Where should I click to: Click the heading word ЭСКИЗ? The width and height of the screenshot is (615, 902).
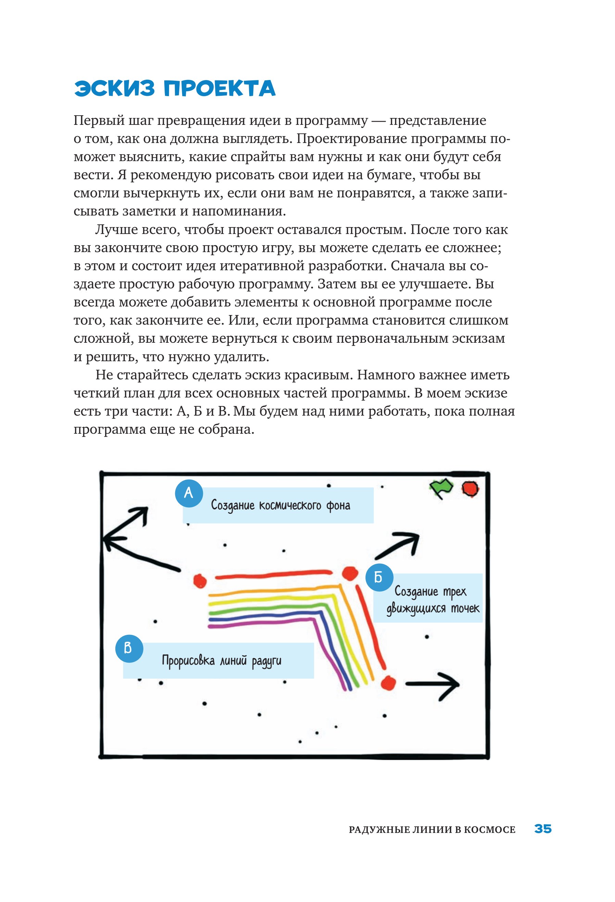point(114,89)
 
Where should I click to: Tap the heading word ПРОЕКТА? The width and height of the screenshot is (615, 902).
point(219,89)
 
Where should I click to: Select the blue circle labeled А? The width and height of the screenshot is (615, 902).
point(189,493)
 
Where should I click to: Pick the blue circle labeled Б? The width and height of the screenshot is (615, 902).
point(379,577)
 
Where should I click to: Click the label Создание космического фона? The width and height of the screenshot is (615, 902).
point(280,505)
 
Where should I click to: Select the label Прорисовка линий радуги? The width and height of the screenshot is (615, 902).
point(221,660)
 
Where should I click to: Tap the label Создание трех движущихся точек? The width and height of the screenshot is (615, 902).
point(432,600)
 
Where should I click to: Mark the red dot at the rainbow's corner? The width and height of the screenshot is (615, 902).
point(350,573)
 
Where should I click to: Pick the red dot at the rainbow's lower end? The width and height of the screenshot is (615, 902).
point(388,683)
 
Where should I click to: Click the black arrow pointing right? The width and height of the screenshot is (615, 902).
point(433,684)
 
